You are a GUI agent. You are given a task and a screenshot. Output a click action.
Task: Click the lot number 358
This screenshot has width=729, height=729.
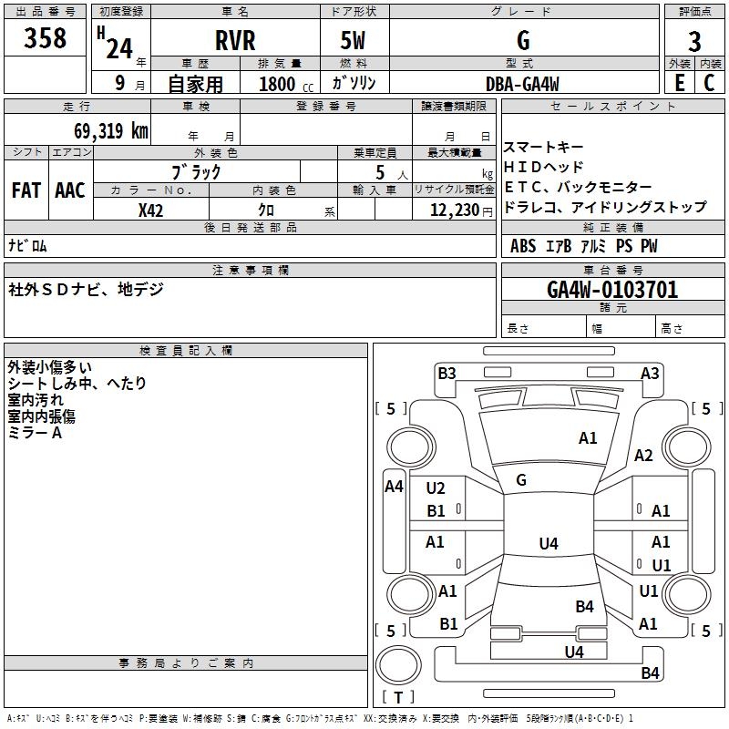click(x=45, y=37)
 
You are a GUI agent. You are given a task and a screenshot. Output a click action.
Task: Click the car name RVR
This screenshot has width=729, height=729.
click(x=235, y=40)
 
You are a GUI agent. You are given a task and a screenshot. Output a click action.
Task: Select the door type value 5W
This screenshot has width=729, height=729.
click(x=353, y=40)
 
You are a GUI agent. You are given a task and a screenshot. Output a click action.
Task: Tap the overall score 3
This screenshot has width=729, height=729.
click(x=694, y=42)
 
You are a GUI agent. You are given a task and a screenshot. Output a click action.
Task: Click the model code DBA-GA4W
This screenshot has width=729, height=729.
click(x=522, y=84)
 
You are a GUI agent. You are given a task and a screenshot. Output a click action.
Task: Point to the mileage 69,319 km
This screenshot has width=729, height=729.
click(x=111, y=130)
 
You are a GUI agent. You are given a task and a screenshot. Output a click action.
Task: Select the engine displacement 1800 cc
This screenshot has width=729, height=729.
click(x=286, y=84)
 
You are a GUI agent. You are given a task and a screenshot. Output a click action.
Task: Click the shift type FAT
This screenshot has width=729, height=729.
click(x=26, y=190)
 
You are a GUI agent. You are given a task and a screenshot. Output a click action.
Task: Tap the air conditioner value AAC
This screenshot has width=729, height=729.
click(x=70, y=190)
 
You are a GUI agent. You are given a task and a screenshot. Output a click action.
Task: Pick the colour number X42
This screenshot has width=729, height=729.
click(x=150, y=210)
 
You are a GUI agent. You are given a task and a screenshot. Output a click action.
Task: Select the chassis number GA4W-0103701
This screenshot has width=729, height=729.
click(x=612, y=290)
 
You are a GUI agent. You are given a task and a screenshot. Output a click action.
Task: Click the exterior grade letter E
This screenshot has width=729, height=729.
click(x=680, y=83)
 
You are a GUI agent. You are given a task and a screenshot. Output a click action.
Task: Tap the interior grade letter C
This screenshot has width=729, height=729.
click(x=709, y=83)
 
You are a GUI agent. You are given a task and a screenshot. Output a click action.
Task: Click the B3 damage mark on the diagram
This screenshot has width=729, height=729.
click(x=447, y=373)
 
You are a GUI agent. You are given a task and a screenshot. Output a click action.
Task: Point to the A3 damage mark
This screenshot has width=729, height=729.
click(x=650, y=373)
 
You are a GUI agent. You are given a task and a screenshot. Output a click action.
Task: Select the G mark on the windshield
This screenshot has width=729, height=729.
click(x=521, y=479)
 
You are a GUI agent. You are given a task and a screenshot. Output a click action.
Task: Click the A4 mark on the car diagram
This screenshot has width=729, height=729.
click(x=394, y=487)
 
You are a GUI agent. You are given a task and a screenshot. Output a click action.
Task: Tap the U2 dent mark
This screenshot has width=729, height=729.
click(x=436, y=488)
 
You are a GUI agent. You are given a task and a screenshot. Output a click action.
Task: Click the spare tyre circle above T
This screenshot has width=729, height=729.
click(x=398, y=664)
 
